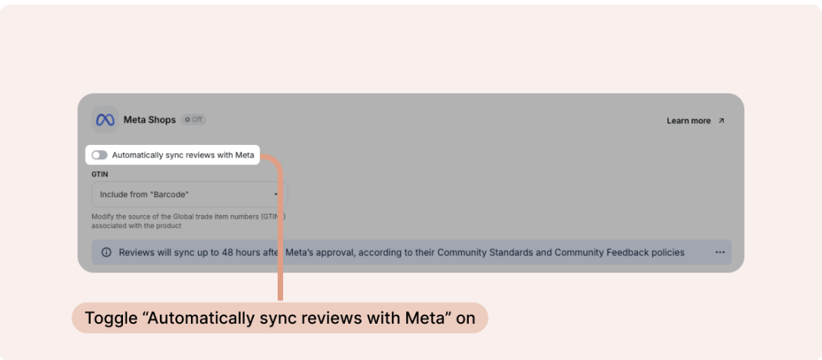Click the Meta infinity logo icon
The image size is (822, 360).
click(x=105, y=120)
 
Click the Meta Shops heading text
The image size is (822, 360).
click(x=149, y=120)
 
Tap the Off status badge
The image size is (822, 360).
click(x=194, y=120)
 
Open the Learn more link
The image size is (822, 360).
click(x=688, y=121)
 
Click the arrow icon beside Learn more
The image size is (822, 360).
click(x=721, y=121)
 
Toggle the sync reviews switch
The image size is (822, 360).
click(x=100, y=155)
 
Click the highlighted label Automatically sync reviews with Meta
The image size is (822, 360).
click(x=183, y=155)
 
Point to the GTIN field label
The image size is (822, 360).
click(x=100, y=174)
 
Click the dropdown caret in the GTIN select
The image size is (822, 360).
click(x=276, y=195)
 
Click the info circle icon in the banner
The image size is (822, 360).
click(x=106, y=252)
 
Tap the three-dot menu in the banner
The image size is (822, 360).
click(x=719, y=252)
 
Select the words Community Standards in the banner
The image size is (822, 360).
click(x=483, y=252)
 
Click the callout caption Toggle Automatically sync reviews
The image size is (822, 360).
click(x=280, y=318)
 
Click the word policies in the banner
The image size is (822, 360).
click(x=667, y=252)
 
